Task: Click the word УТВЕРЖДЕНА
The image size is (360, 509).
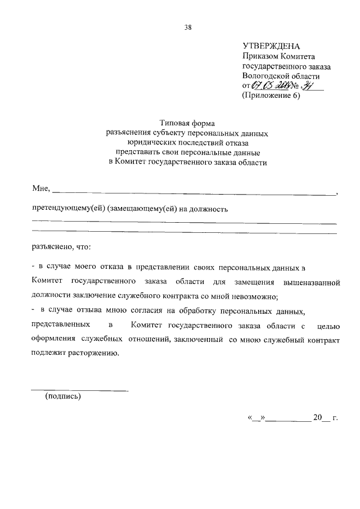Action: click(x=271, y=46)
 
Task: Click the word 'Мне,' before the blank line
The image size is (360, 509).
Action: click(x=42, y=187)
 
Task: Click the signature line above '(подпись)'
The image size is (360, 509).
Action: click(x=79, y=390)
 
